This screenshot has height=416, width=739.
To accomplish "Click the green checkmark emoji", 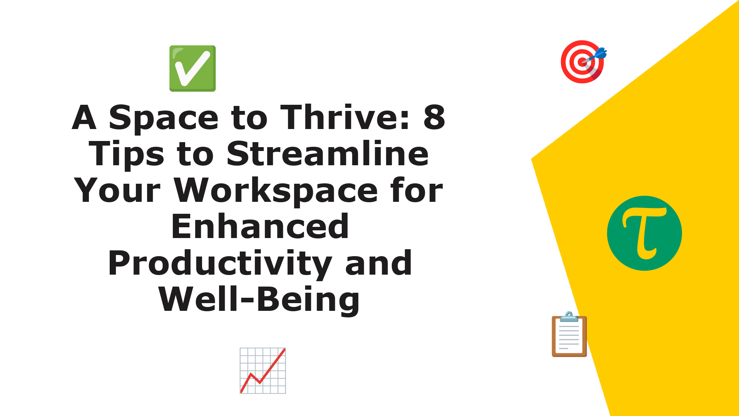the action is point(192,69).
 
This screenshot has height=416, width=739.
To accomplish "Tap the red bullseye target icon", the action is point(582,62).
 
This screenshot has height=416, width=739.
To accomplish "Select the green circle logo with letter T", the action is point(644,233).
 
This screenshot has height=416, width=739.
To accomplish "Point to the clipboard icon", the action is point(569,334).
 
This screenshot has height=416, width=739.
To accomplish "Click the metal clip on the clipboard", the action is point(569,317).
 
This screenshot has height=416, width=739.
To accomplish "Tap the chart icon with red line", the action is point(263,371).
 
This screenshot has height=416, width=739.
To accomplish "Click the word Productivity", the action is point(220,264).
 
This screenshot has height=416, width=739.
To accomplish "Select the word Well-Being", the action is point(259,300).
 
